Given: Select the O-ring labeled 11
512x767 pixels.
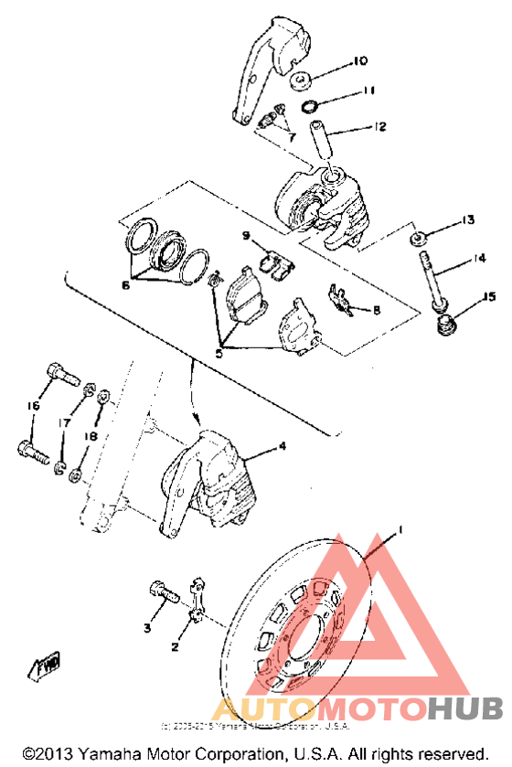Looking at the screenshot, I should pyautogui.click(x=311, y=106).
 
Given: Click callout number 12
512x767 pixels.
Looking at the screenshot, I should pyautogui.click(x=380, y=127).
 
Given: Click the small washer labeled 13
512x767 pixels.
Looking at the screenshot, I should pyautogui.click(x=418, y=240).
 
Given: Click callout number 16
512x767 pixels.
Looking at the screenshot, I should pyautogui.click(x=34, y=406).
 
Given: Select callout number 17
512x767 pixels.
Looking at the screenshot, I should pyautogui.click(x=64, y=423).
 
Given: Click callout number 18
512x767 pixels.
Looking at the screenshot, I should pyautogui.click(x=91, y=437).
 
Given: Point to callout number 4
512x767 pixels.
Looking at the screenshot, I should pyautogui.click(x=283, y=446).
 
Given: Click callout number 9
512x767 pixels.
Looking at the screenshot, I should pyautogui.click(x=246, y=236).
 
